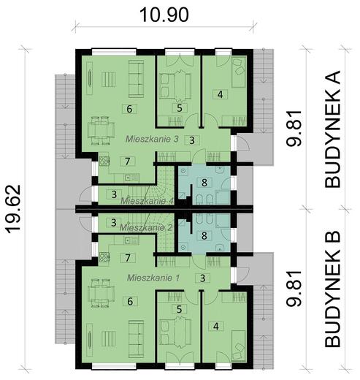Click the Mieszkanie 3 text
[x=153, y=137]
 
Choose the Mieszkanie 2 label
[x=149, y=227]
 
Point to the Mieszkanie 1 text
[x=153, y=278]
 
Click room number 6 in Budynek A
[x=129, y=110]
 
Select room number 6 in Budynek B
[x=129, y=300]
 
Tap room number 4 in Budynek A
[x=220, y=94]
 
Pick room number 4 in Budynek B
[x=215, y=326]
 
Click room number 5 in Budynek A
[x=178, y=108]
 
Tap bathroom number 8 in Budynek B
[x=205, y=236]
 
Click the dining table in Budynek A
[x=99, y=132]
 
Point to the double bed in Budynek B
[x=175, y=333]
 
